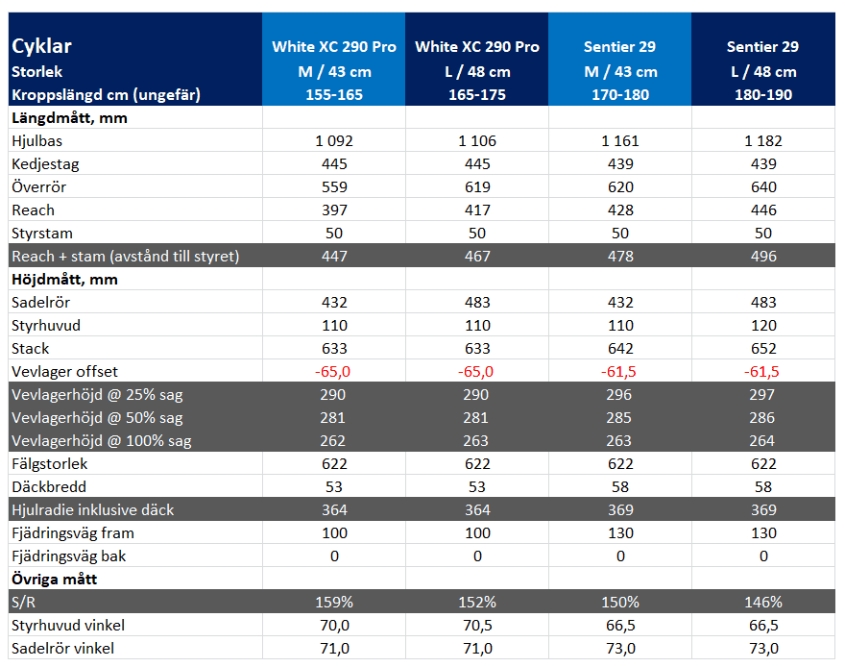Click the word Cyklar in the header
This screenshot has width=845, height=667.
(x=41, y=46)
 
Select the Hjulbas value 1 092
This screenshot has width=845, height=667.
(x=334, y=141)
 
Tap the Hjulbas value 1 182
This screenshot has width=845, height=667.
(x=763, y=141)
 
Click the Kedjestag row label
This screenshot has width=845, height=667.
(x=45, y=164)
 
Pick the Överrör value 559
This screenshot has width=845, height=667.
(x=334, y=187)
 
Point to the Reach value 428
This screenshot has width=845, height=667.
(x=620, y=210)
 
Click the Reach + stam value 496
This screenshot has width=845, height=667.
(x=763, y=256)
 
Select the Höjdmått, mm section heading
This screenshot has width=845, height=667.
(x=64, y=280)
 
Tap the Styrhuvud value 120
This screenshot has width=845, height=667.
(x=763, y=326)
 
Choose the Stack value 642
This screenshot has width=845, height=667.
(x=620, y=349)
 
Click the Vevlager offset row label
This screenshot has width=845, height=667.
(x=64, y=372)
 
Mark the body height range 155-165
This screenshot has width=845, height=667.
(x=334, y=95)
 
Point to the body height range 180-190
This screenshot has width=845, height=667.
(x=763, y=95)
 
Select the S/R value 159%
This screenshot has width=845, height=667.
(x=334, y=603)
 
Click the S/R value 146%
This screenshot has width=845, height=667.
(x=763, y=603)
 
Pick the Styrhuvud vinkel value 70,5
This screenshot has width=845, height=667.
(x=477, y=626)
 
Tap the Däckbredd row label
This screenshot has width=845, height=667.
(x=49, y=487)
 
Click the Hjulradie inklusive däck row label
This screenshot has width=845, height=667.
(x=93, y=510)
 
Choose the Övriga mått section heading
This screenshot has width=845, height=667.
(x=54, y=580)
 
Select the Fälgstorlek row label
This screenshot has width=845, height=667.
(x=49, y=463)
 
